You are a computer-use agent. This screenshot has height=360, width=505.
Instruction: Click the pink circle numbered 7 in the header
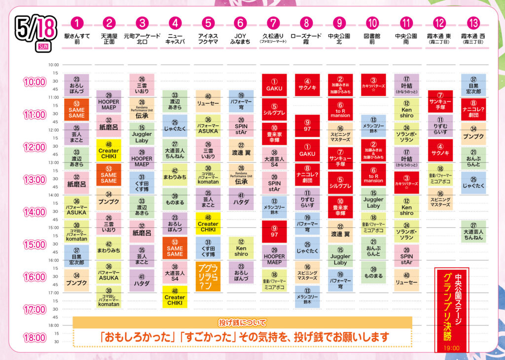[x=274, y=23]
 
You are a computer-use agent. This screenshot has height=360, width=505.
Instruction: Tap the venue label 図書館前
[x=372, y=39]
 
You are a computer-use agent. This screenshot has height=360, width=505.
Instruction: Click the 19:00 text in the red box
[x=451, y=348]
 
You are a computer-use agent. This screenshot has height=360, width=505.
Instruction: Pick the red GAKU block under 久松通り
[x=274, y=85]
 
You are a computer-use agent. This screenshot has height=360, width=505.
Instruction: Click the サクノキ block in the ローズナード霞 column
[x=307, y=85]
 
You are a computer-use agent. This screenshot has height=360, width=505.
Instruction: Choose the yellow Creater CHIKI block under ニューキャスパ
[x=175, y=297]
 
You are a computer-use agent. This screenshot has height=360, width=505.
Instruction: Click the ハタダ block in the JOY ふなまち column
[x=241, y=199]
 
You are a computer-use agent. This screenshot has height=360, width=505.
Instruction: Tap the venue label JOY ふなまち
[x=241, y=39]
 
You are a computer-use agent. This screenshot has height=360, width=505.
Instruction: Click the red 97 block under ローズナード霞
[x=307, y=125]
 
